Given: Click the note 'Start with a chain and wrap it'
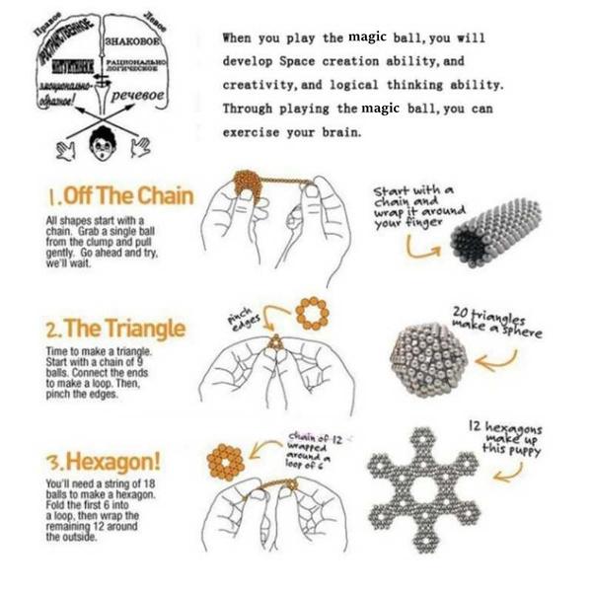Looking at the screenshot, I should [413, 205].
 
